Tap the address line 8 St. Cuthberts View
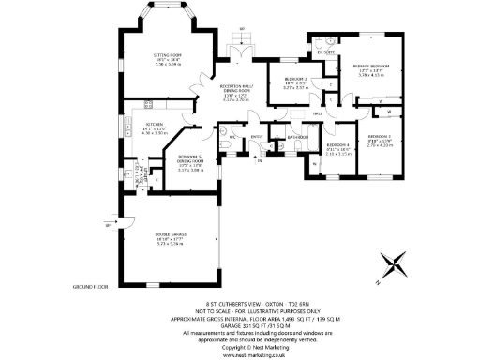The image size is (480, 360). tap(240, 304)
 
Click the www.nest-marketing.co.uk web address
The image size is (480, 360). tap(240, 354)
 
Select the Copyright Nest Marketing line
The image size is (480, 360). tap(240, 347)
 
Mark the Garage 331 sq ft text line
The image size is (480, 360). tap(240, 325)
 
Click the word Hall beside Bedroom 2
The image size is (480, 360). tap(318, 113)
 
